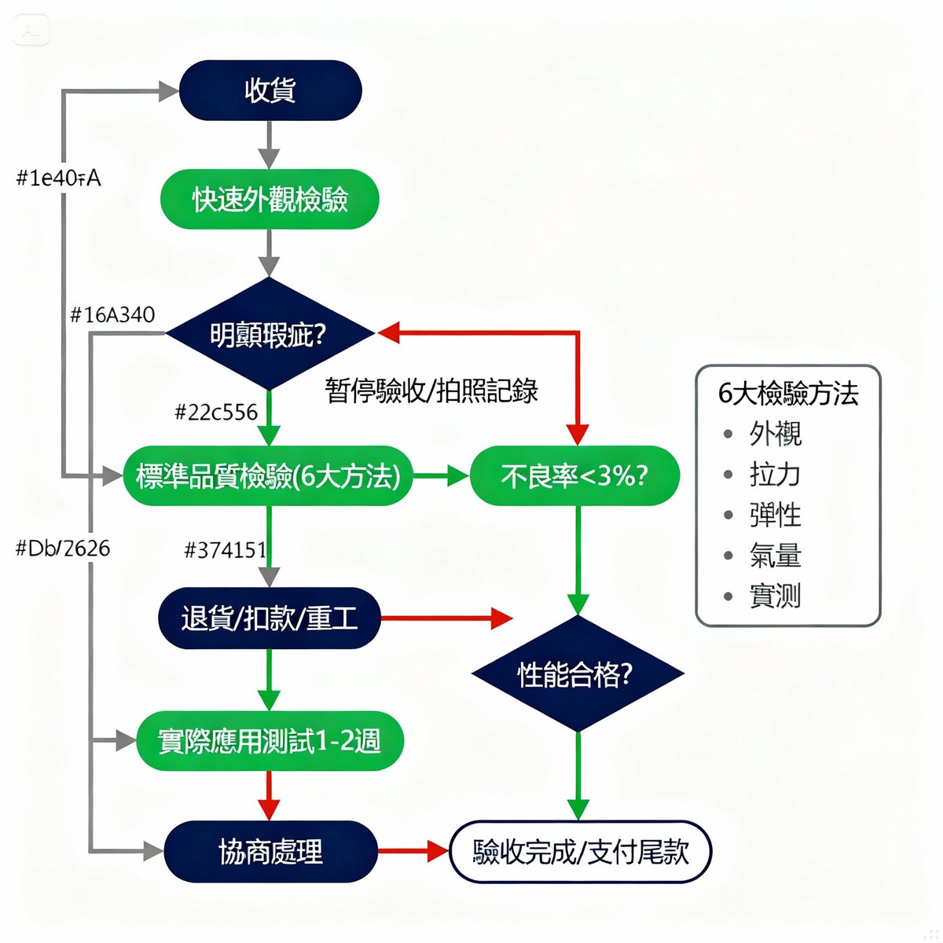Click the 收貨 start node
tap(270, 90)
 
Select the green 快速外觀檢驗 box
tap(270, 200)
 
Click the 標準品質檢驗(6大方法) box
tap(268, 476)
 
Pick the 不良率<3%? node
tap(574, 476)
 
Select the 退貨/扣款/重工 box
tap(270, 618)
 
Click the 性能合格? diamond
tap(577, 673)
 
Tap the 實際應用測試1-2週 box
tap(270, 740)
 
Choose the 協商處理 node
tap(270, 852)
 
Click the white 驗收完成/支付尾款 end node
tap(580, 852)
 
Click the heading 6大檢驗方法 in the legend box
tap(787, 393)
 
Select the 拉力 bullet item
tap(774, 475)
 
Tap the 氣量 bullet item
tap(774, 556)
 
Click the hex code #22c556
tap(215, 412)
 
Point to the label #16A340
tap(112, 315)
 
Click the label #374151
tap(225, 549)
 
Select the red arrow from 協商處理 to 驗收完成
tap(413, 852)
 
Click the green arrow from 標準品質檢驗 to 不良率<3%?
tap(440, 476)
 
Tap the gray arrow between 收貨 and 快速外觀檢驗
tap(270, 145)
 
